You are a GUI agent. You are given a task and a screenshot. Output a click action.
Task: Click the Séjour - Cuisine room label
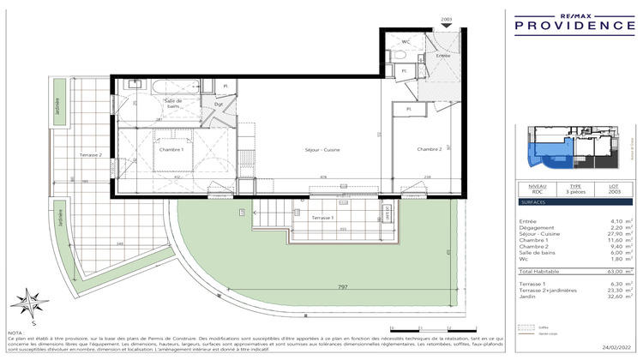coord(322,150)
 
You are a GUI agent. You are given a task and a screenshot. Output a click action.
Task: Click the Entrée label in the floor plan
coord(442,55)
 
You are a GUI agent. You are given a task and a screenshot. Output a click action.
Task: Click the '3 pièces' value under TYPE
coord(576,194)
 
